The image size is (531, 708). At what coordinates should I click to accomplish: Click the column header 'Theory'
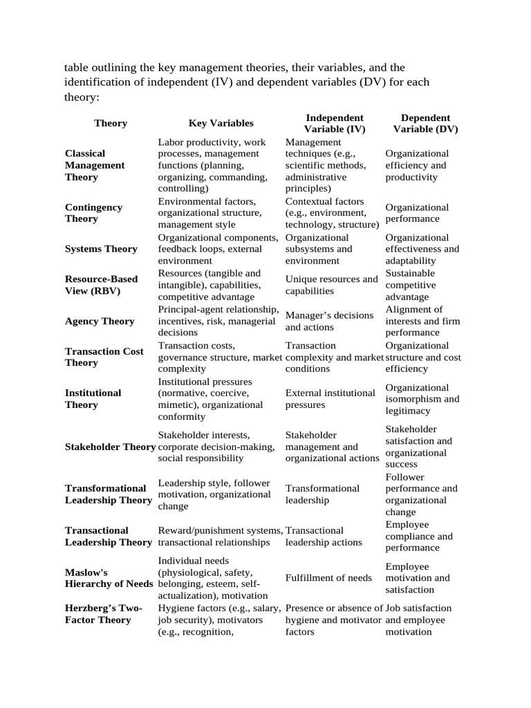[111, 123]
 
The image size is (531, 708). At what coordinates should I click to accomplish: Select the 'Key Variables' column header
[221, 123]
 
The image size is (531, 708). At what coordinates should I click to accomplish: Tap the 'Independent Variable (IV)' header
[334, 123]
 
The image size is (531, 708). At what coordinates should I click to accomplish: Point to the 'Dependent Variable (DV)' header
[425, 123]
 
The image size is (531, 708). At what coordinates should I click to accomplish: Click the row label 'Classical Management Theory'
[95, 165]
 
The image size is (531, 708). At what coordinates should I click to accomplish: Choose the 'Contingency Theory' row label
[93, 213]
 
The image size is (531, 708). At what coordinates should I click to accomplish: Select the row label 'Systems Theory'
[101, 249]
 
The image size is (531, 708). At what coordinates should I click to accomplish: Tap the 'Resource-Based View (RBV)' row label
[101, 285]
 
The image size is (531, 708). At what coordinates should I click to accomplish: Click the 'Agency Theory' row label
[100, 321]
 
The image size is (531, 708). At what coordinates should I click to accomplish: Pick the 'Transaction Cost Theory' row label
[104, 357]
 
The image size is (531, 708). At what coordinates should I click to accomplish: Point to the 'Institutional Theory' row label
[93, 398]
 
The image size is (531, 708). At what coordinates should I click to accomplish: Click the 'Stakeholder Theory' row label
[110, 447]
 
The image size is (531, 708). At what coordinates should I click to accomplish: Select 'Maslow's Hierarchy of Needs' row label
[109, 578]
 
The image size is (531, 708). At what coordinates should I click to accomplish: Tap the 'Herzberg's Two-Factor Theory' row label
[103, 614]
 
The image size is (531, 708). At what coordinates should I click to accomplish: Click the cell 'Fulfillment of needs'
[328, 578]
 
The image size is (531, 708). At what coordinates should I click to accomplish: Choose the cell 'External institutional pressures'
[330, 398]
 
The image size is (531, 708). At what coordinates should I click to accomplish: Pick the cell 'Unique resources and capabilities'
[331, 285]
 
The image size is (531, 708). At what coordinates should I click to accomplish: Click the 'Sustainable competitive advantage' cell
[411, 285]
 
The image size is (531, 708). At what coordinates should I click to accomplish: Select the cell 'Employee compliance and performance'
[419, 536]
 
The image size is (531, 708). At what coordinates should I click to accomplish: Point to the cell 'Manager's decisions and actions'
[329, 321]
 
